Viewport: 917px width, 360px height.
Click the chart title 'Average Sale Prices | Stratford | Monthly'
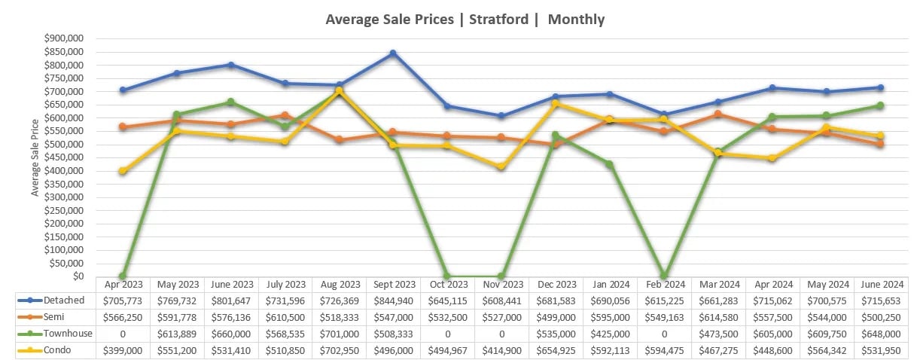tap(465, 20)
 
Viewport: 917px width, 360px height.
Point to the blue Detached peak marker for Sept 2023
tap(393, 53)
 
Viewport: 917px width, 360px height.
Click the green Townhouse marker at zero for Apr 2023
tap(123, 276)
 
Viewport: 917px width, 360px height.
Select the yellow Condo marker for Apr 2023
tap(123, 171)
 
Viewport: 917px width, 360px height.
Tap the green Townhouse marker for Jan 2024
tap(609, 164)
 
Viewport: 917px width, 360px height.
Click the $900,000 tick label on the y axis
tap(65, 38)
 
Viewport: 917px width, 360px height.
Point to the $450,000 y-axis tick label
tap(65, 157)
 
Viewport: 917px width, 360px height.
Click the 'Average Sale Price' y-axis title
tap(35, 157)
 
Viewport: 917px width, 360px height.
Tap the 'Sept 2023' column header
tap(393, 285)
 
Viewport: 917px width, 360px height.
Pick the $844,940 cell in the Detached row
tap(393, 301)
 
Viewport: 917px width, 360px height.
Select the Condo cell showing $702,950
tap(339, 350)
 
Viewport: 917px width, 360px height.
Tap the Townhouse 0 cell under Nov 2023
tap(501, 334)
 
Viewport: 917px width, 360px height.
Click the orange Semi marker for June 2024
tap(879, 144)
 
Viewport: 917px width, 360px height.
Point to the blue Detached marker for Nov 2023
tap(501, 116)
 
